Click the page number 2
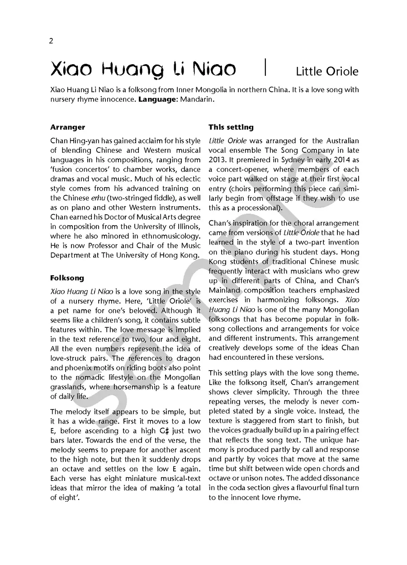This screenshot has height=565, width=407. [52, 41]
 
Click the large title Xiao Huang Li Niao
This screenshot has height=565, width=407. [143, 70]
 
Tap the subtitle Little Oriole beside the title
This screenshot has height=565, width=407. [327, 71]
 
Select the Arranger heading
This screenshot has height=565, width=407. [68, 127]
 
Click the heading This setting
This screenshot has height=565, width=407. [231, 127]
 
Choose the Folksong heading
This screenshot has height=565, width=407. [67, 278]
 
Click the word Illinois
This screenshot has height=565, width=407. [185, 226]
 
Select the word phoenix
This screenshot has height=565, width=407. [88, 368]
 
